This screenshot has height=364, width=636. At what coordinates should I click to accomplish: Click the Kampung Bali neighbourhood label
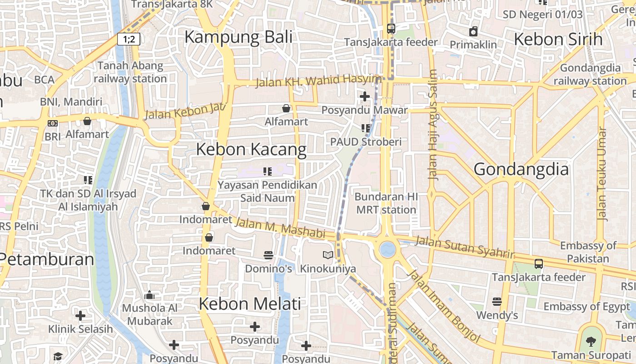click(x=238, y=37)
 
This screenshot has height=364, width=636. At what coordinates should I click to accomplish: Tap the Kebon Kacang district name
click(x=251, y=149)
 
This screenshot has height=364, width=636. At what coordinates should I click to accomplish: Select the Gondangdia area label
click(x=521, y=169)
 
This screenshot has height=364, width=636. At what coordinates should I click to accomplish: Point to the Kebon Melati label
click(x=250, y=303)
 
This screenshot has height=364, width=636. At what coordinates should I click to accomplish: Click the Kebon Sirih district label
click(x=558, y=39)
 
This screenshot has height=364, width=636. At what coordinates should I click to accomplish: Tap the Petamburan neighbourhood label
click(x=46, y=259)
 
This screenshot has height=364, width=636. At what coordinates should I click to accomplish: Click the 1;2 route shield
click(x=129, y=39)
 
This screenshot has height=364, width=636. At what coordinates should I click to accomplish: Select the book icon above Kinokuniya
click(x=328, y=255)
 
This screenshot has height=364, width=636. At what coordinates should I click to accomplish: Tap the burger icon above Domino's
click(x=268, y=255)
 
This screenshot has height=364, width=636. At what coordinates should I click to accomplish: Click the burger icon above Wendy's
click(x=497, y=302)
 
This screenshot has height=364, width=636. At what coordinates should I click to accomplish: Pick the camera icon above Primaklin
click(x=473, y=31)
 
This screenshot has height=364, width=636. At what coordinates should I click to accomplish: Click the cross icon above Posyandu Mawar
click(x=364, y=96)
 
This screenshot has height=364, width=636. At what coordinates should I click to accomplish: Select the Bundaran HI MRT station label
click(x=386, y=203)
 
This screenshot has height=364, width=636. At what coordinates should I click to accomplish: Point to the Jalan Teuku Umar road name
click(x=602, y=174)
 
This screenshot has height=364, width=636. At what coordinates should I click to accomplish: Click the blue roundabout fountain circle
click(x=388, y=249)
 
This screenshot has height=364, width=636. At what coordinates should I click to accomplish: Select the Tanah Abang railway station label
click(x=130, y=72)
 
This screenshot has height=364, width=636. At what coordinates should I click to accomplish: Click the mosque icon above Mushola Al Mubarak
click(x=149, y=295)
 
